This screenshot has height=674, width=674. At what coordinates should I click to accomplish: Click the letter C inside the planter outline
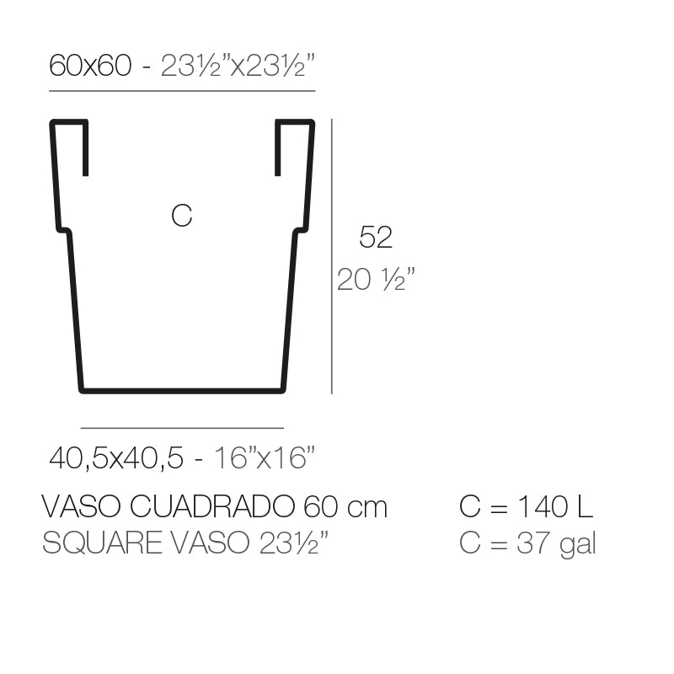[x=181, y=216]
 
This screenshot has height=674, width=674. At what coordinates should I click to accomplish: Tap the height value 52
[x=376, y=238]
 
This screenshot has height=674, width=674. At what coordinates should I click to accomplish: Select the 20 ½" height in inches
[x=377, y=280]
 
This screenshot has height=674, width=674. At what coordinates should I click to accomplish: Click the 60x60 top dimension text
[x=90, y=65]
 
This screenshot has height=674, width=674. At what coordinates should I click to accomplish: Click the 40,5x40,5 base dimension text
[x=116, y=458]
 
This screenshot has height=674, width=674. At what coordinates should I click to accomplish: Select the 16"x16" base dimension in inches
[x=265, y=458]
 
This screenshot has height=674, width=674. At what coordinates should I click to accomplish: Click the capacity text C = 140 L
[x=527, y=507]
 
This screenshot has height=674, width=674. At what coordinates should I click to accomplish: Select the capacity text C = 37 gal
[x=528, y=543]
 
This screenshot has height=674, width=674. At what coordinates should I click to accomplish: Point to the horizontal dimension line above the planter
[x=182, y=90]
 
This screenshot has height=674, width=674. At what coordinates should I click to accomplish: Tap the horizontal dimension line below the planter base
[x=182, y=428]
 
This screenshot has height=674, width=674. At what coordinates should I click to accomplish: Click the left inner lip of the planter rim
[x=86, y=148]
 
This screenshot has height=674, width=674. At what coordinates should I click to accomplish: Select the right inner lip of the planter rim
[x=277, y=148]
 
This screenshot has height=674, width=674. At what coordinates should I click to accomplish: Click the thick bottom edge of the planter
[x=182, y=390]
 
